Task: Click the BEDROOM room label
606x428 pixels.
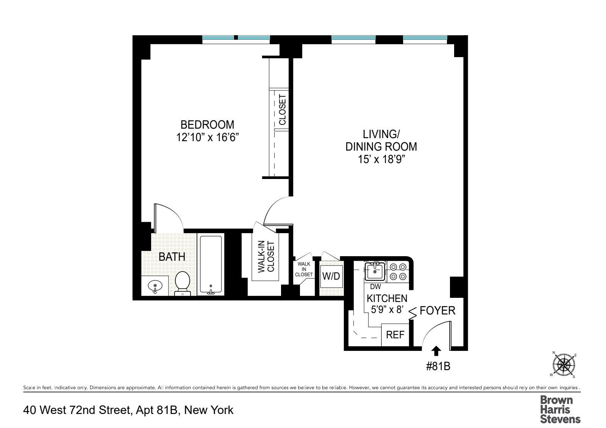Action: [x=207, y=125]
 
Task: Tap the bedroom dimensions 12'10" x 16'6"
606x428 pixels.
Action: [x=207, y=137]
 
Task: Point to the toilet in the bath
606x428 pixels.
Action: [x=183, y=282]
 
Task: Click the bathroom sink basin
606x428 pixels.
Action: [x=155, y=286]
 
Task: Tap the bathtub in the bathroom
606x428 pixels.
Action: [x=211, y=265]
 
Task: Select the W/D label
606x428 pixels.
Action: [x=331, y=276]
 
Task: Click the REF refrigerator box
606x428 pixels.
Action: [x=395, y=335]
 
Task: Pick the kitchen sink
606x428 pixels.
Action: [x=375, y=271]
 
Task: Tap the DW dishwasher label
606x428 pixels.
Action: [x=375, y=287]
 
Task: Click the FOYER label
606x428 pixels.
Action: [x=437, y=311]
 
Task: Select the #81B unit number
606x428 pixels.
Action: [x=438, y=366]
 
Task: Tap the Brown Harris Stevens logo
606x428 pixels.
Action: [x=560, y=409]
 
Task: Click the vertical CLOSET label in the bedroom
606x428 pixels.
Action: [x=283, y=110]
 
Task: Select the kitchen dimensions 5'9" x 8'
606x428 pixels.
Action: [x=386, y=310]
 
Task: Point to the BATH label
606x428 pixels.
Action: [x=172, y=257]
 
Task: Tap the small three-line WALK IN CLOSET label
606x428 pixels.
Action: [x=304, y=269]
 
